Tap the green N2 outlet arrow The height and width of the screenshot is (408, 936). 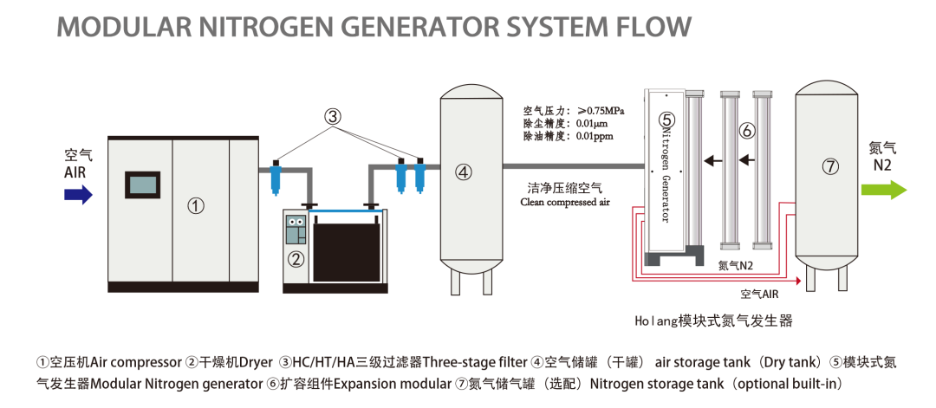(883, 191)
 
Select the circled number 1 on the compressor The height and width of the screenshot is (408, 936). (196, 205)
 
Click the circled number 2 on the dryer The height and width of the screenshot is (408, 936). (296, 258)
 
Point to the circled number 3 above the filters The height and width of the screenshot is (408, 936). (335, 116)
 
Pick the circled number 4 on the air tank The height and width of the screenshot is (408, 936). (465, 172)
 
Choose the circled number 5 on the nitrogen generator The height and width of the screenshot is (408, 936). (666, 120)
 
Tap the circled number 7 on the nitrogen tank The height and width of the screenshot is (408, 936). (830, 167)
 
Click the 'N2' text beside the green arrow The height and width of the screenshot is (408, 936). (881, 165)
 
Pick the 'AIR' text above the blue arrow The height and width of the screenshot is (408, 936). (76, 172)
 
